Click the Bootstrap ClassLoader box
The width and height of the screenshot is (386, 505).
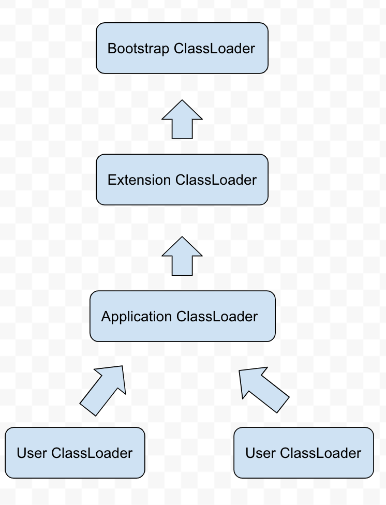coord(182,48)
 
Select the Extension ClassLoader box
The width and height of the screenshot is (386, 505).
coord(182,179)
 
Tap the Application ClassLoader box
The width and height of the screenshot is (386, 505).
coord(182,316)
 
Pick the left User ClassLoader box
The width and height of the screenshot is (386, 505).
coord(75,452)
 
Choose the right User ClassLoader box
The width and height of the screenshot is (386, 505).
coord(304,452)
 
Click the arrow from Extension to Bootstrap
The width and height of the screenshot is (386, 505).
coord(182,120)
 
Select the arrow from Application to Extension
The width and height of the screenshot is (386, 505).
coord(182,257)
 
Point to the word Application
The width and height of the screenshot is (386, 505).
coord(137,317)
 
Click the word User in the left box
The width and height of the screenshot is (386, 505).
coord(32,453)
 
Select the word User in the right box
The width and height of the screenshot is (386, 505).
coord(261,453)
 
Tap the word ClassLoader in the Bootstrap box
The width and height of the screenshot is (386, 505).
coord(215,49)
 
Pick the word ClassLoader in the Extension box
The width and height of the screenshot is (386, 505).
coord(216,180)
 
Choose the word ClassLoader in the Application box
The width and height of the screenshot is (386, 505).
coord(217,317)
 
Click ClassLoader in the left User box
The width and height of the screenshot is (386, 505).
coord(92,453)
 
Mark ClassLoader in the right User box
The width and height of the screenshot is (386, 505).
coord(320,453)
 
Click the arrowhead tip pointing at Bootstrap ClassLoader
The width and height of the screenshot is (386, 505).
coord(182,101)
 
